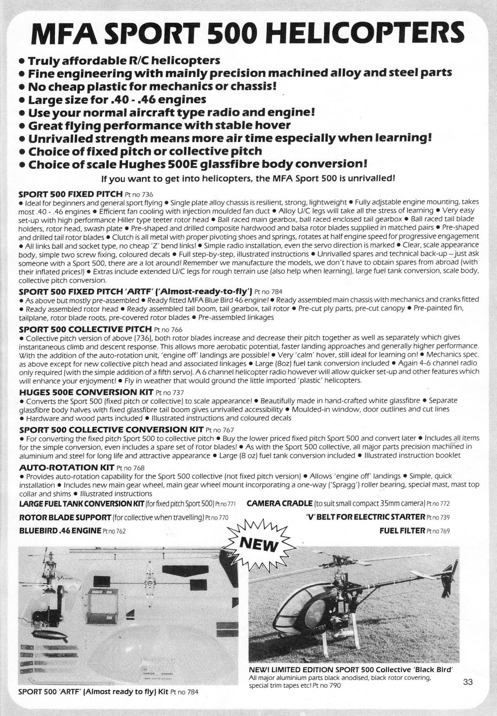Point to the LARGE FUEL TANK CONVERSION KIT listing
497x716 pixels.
(128, 504)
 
